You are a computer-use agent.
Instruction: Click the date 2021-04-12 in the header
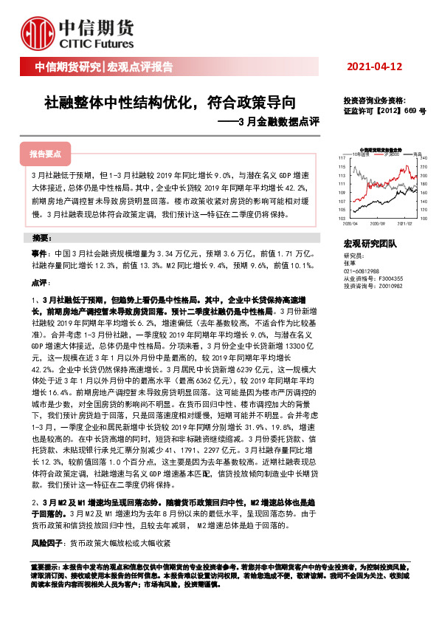[x=374, y=67]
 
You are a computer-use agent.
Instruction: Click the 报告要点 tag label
[x=45, y=154]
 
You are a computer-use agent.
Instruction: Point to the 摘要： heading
[x=42, y=239]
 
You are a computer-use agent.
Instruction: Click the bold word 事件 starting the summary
[x=40, y=253]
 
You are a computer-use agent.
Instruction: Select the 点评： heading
[x=40, y=283]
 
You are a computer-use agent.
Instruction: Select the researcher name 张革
[x=349, y=262]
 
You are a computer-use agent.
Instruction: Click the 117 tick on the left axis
[x=342, y=158]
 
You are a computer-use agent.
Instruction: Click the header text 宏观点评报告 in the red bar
[x=140, y=68]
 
